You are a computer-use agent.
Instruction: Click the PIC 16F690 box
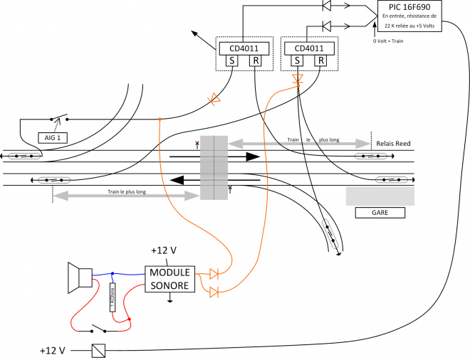point(409,16)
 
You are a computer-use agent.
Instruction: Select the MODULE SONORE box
point(169,278)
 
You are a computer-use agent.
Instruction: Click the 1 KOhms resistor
point(112,298)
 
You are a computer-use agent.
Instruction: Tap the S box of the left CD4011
point(231,61)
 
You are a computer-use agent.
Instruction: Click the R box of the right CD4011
point(320,61)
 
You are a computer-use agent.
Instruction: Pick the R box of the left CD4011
point(255,61)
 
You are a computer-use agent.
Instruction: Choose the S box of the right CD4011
point(297,61)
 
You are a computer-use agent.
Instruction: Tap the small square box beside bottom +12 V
point(98,350)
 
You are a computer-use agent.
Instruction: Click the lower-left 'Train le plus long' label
point(127,192)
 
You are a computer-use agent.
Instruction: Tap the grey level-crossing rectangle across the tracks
point(214,168)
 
